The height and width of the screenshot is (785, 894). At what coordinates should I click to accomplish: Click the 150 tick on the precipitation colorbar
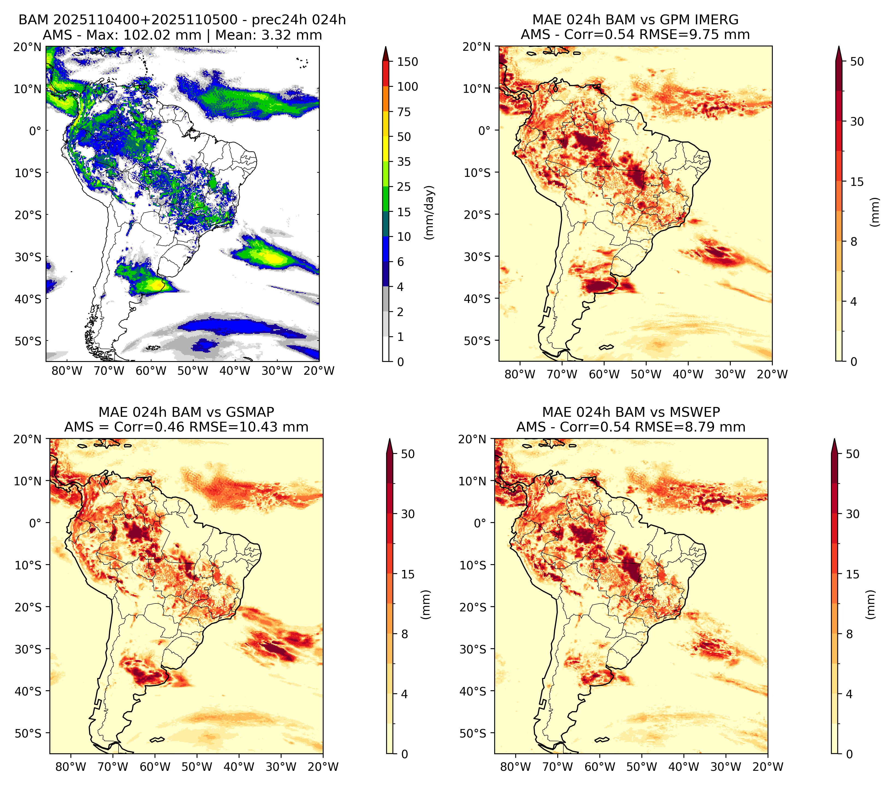(407, 62)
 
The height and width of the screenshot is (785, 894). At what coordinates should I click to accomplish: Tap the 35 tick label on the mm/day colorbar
(404, 162)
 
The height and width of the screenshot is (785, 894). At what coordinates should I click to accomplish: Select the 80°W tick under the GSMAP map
(71, 767)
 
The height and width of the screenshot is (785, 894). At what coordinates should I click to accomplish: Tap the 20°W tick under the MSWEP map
(768, 767)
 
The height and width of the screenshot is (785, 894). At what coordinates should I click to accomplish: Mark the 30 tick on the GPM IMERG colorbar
(857, 121)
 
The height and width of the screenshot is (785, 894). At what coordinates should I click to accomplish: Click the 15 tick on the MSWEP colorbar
(853, 574)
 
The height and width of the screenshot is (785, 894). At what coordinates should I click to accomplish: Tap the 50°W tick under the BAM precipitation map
(193, 371)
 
